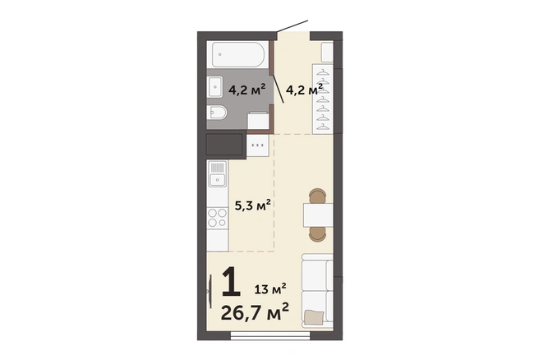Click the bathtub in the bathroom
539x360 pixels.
click(238, 54)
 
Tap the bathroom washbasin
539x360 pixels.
click(215, 86)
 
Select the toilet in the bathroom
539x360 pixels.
click(217, 113)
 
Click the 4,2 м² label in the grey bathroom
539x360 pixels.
click(246, 90)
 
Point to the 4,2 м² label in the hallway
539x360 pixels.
click(304, 90)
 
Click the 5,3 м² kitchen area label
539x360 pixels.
click(253, 205)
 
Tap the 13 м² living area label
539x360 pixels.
click(270, 288)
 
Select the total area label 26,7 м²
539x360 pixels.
click(255, 312)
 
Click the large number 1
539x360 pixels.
click(231, 282)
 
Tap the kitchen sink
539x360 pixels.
click(217, 173)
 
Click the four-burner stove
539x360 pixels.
click(218, 218)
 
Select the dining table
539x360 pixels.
click(318, 215)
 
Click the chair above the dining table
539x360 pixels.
click(317, 196)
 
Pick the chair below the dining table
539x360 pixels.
click(317, 234)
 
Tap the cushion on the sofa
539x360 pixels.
click(314, 316)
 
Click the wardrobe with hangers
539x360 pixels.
click(322, 99)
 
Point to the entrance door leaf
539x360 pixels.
click(293, 26)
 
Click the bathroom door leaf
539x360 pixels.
click(278, 89)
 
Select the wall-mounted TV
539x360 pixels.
click(210, 291)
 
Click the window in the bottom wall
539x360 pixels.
click(270, 335)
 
